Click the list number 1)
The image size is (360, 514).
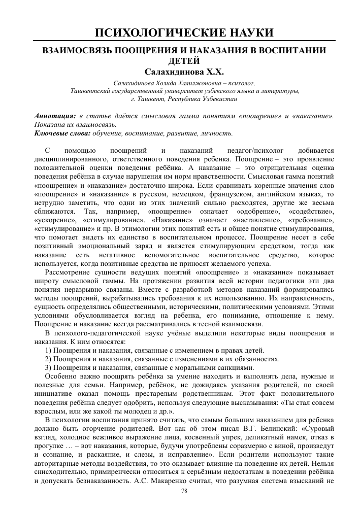[x=49, y=350]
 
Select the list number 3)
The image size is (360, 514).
[x=49, y=367]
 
